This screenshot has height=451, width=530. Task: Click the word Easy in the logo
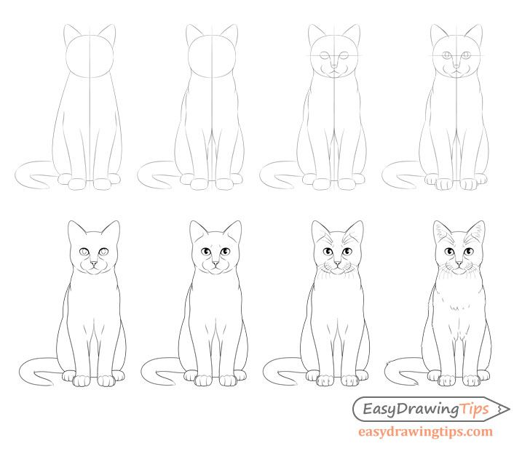point(379,409)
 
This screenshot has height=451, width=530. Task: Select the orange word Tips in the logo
point(474,410)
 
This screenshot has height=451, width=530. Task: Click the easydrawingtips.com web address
point(425,431)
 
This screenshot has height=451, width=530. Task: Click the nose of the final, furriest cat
point(459,263)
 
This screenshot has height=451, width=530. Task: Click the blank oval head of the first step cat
point(90,56)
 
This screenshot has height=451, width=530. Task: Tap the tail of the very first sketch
point(33,174)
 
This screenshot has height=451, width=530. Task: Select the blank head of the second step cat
point(212,56)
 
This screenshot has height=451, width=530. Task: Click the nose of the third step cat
point(334,65)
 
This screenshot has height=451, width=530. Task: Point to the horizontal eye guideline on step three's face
point(336,55)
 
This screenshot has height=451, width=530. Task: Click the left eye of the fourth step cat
point(447,55)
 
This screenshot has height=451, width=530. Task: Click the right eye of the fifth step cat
point(104,252)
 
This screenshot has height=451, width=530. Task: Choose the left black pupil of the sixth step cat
point(205,252)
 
